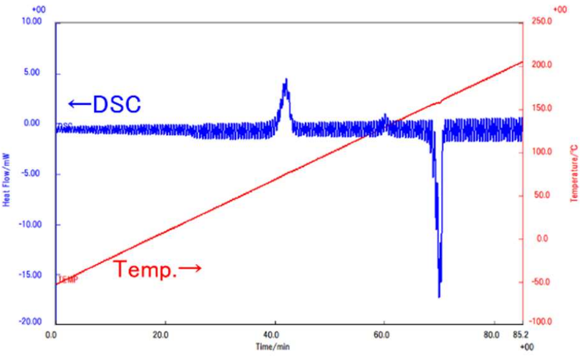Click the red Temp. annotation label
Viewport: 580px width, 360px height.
157,269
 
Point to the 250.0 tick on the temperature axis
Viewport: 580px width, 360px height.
542,22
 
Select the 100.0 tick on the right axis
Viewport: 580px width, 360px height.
542,152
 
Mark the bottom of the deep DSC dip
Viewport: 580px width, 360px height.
439,297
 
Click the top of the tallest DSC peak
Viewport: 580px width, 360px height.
286,79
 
